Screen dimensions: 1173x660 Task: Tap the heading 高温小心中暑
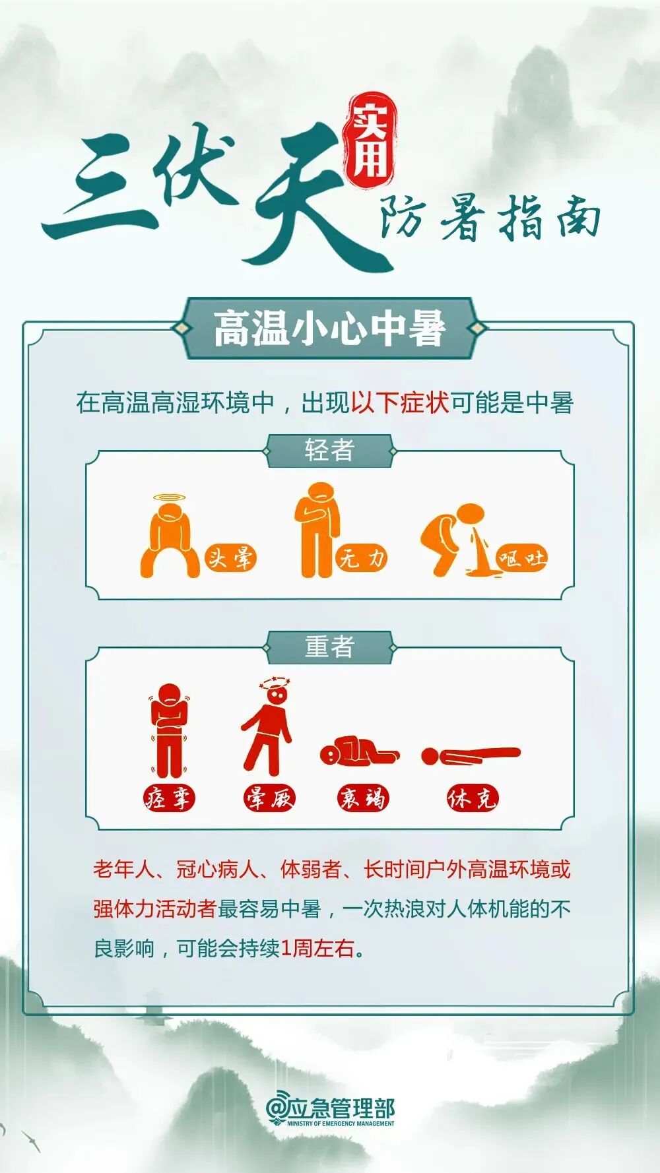point(329,328)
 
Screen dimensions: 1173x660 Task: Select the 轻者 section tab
point(329,451)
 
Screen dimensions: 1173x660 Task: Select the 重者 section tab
point(329,647)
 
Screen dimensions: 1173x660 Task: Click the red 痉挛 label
point(169,799)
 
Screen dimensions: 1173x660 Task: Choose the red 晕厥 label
point(269,799)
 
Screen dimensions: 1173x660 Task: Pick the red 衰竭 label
point(362,799)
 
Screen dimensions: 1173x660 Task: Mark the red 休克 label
point(471,799)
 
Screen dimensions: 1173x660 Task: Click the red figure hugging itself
point(169,729)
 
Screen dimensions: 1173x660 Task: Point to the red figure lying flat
point(470,755)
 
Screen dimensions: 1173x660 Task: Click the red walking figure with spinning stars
point(269,729)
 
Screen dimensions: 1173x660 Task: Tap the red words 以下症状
point(400,402)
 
